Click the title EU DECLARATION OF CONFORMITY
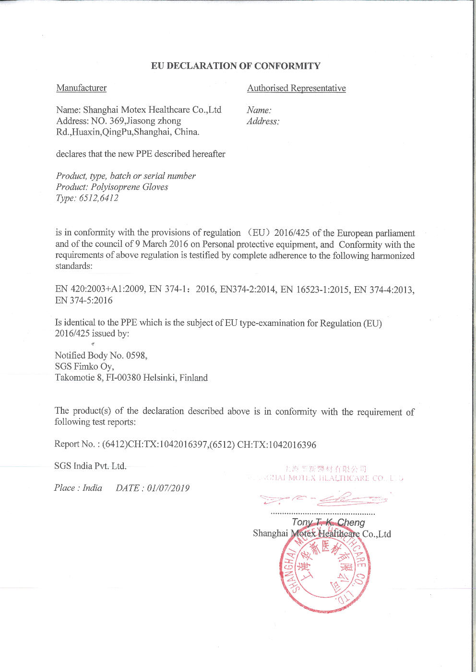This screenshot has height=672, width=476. [236, 66]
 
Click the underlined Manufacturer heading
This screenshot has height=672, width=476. [81, 88]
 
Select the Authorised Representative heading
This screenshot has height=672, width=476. [296, 88]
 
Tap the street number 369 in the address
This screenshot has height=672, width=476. [117, 121]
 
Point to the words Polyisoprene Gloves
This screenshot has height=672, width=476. [130, 187]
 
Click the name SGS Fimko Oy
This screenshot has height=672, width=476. [84, 366]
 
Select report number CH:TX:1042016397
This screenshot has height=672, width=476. [167, 444]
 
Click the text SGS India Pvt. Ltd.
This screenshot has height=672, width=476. [90, 466]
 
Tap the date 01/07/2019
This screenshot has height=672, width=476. [168, 488]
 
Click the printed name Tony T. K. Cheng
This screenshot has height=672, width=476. [328, 522]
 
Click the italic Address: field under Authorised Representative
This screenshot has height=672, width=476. [263, 121]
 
